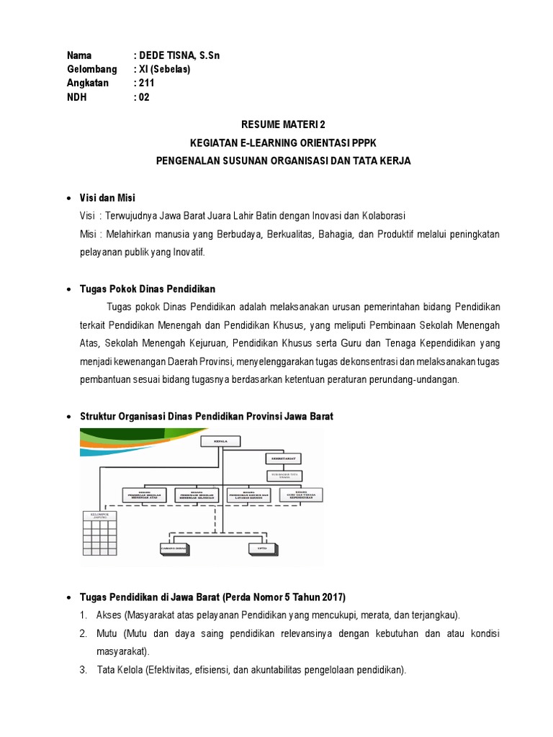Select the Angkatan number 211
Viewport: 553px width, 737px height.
147,83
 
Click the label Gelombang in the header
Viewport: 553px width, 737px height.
92,70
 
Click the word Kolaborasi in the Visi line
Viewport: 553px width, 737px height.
381,217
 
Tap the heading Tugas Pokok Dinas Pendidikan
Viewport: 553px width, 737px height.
147,289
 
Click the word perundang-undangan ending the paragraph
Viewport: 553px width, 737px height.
415,380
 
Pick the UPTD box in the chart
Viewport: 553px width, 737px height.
261,548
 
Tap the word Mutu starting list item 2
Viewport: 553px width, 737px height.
108,633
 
